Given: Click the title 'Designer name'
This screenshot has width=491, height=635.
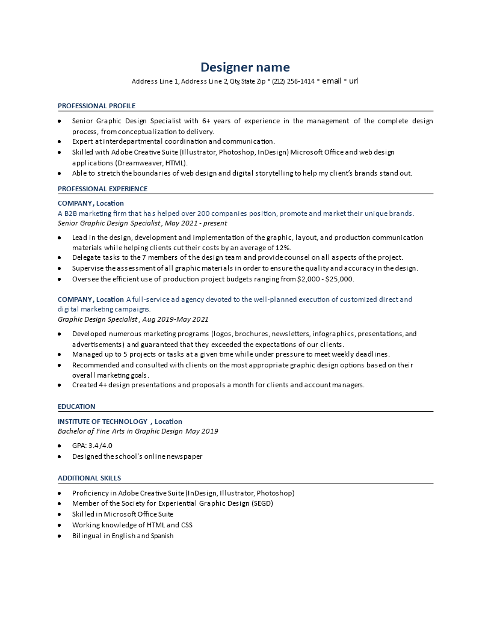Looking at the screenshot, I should [245, 67].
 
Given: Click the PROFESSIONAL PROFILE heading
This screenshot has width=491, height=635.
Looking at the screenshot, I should [96, 106].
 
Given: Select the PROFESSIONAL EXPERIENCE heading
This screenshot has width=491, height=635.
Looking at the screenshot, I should [102, 189].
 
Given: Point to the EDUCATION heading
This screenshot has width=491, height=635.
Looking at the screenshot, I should [76, 406].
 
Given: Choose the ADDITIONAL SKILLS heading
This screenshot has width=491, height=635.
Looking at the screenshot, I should [89, 478].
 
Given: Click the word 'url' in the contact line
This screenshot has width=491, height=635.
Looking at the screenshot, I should [353, 81].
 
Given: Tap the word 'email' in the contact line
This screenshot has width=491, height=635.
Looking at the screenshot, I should [332, 81].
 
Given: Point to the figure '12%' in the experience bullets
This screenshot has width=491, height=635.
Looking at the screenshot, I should [283, 247].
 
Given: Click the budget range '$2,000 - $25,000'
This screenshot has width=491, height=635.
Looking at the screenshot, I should [325, 279].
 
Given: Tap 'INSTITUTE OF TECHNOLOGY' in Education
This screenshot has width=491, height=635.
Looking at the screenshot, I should [102, 422].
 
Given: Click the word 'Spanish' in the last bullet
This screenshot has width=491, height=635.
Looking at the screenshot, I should [162, 536].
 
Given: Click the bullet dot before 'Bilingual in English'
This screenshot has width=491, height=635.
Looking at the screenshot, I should [59, 536].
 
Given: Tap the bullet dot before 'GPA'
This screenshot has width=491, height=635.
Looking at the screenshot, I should [59, 446].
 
